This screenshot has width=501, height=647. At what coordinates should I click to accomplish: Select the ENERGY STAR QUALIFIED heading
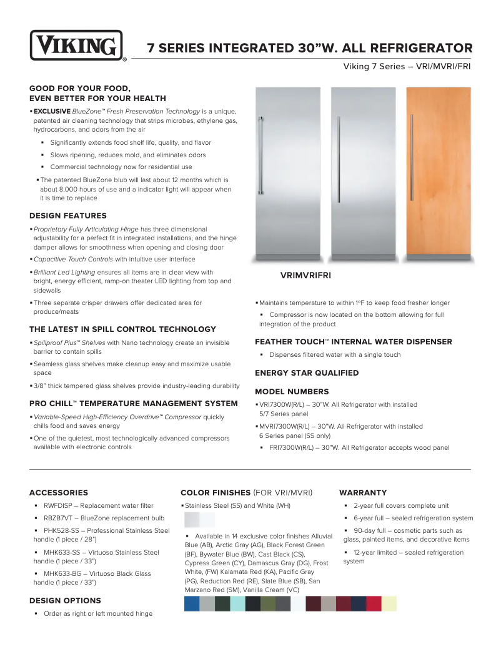[307, 373]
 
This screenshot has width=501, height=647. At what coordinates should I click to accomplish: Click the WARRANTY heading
[363, 493]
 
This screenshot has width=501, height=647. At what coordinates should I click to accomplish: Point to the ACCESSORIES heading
[59, 493]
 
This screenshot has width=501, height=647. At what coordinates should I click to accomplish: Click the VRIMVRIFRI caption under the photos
[305, 275]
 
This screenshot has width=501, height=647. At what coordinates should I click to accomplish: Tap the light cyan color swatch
[237, 603]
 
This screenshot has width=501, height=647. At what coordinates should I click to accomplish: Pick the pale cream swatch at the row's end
[389, 603]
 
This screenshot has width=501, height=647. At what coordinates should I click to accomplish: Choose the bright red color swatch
[374, 603]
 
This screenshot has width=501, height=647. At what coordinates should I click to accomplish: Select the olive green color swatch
[267, 603]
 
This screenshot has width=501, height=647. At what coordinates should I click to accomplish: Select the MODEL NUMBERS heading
[292, 392]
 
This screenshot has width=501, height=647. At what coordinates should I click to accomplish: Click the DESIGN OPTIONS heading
[65, 601]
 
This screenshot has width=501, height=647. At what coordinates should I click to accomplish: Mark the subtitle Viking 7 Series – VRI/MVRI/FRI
[407, 66]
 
